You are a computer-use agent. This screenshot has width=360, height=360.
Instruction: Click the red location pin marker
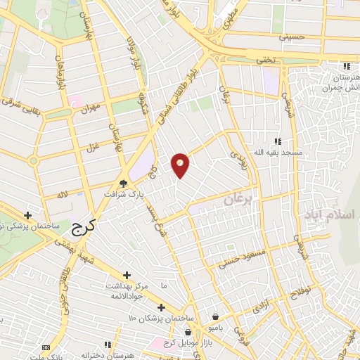tap(180, 165)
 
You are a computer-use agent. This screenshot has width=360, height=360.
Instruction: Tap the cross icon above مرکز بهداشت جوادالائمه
tap(127, 275)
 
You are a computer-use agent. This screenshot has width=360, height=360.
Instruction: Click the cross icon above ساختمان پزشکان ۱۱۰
tap(161, 307)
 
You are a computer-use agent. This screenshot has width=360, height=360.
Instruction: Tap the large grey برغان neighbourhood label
tap(237, 200)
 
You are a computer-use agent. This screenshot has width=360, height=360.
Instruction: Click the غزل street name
tap(91, 148)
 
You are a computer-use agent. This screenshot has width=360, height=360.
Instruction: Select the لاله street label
tap(63, 193)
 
